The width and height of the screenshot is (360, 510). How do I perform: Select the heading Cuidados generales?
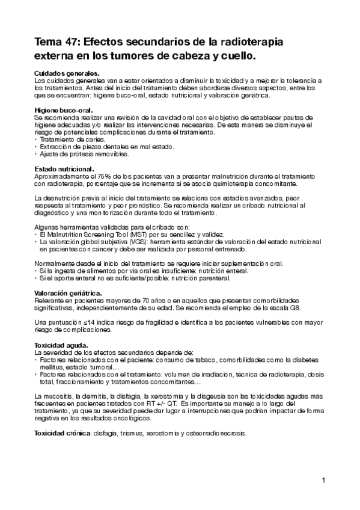pyautogui.click(x=67, y=73)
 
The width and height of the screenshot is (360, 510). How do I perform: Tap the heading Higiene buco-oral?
pyautogui.click(x=63, y=110)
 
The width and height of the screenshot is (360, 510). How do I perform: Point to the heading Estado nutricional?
pyautogui.click(x=64, y=168)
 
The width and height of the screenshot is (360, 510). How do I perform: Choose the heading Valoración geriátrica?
pyautogui.click(x=67, y=292)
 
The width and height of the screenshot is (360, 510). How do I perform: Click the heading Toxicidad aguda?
pyautogui.click(x=61, y=345)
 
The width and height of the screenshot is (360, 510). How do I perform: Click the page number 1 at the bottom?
pyautogui.click(x=323, y=480)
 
